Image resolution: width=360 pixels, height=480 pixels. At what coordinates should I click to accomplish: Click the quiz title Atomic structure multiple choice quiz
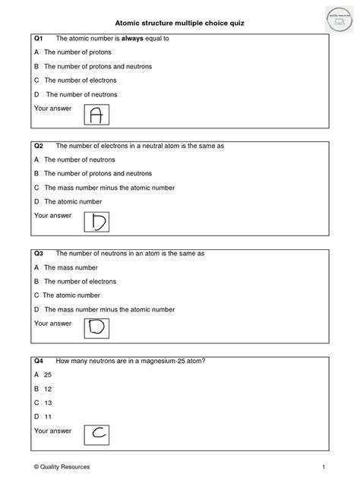pos(180,23)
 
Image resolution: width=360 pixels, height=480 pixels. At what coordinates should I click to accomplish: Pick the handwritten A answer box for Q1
pos(96,115)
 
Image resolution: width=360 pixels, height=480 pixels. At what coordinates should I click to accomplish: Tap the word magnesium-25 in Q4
pos(159,361)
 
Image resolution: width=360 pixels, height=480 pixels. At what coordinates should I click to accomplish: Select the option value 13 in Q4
pos(47,403)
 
